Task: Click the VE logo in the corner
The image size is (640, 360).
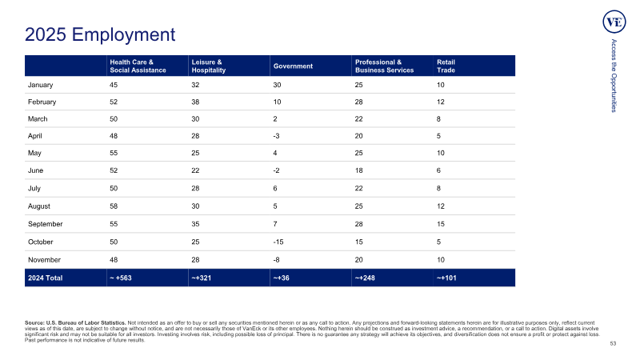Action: coord(614,22)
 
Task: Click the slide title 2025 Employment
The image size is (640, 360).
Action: coord(100,34)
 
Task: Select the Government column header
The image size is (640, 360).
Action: coord(293,66)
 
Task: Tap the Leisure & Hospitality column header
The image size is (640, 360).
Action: coord(209,66)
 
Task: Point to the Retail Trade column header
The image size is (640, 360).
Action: coord(446,66)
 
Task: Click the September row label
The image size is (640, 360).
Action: coord(46,224)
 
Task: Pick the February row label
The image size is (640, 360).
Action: coord(42,102)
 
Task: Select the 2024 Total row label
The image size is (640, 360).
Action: coord(46,278)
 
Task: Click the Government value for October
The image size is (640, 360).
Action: coord(278,242)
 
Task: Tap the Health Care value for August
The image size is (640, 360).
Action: coord(114,206)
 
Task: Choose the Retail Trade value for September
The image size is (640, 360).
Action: coord(441,224)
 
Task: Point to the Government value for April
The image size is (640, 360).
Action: coord(276,136)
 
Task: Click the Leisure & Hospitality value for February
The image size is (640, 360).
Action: coord(195,102)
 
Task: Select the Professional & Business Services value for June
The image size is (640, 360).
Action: coord(358,170)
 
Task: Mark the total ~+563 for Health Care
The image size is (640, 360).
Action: coord(121,278)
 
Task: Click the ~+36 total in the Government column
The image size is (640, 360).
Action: coord(282,278)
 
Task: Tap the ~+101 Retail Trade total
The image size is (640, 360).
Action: coord(446,278)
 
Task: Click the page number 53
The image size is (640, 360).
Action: coord(613,344)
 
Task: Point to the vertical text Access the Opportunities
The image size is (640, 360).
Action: coord(614,75)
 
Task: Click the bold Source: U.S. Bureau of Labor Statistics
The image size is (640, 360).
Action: coord(75,323)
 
